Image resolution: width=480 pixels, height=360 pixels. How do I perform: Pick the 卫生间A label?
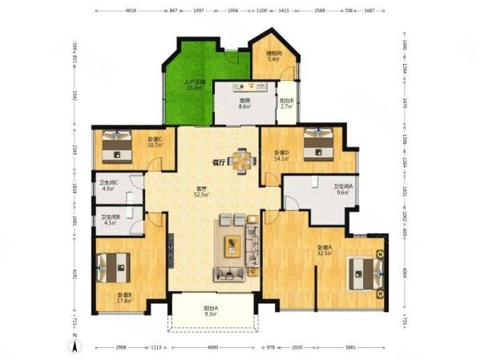coord(344,189)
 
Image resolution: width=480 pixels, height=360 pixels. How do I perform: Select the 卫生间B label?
coord(111,220)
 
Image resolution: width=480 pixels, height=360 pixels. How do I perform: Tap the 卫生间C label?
coord(110,185)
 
